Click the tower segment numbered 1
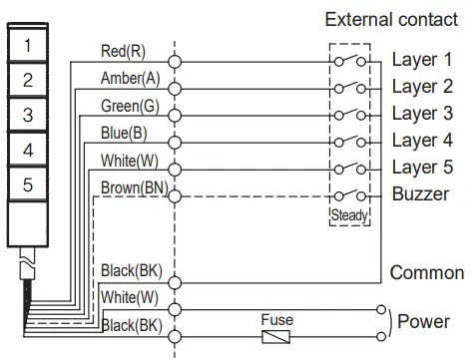28,45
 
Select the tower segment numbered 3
28,115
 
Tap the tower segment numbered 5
28,184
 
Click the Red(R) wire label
122,51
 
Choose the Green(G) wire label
129,106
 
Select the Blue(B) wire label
124,134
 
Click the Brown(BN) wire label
133,187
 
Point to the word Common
426,272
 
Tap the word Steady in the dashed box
348,214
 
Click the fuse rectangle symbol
276,338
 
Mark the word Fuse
276,320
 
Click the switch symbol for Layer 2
349,88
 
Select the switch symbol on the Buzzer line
349,195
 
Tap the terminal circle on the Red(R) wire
175,61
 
